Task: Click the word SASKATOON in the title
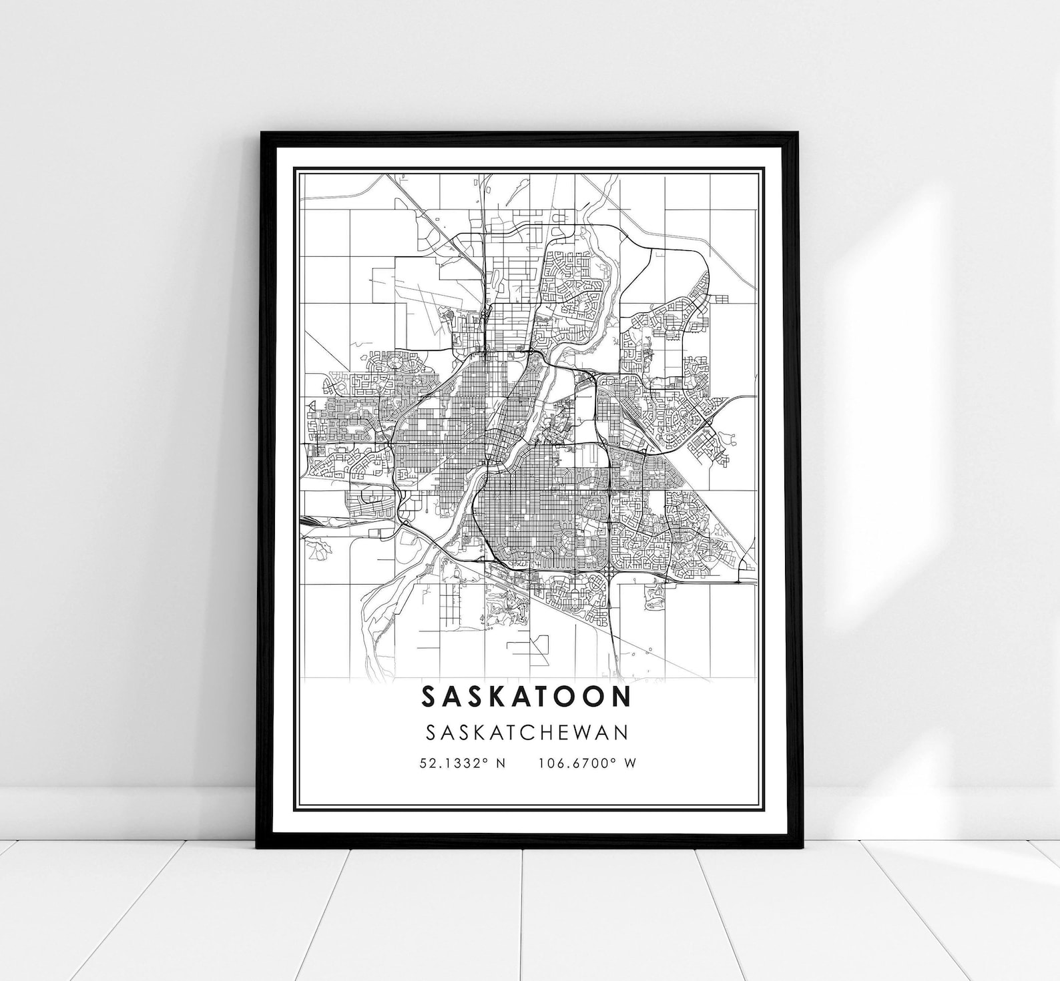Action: click(x=526, y=696)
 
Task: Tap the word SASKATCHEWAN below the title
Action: click(x=527, y=732)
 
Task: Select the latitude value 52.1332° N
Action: click(x=463, y=763)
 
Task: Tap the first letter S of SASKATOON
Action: click(x=430, y=696)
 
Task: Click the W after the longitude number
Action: click(x=630, y=763)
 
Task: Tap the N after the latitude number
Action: click(x=501, y=763)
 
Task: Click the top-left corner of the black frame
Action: click(x=262, y=133)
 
